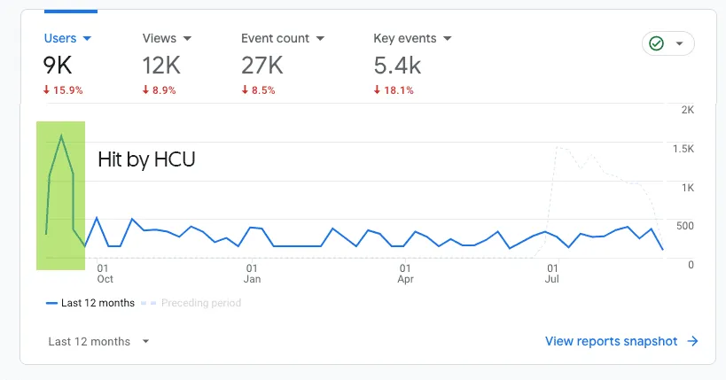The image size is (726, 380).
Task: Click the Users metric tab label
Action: pos(60,39)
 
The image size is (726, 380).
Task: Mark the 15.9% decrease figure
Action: pos(65,89)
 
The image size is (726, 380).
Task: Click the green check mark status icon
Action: pos(657,43)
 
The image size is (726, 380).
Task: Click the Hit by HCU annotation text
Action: pos(146,159)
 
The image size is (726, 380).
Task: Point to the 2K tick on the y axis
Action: pos(687,110)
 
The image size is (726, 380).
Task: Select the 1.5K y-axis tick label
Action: pos(683,149)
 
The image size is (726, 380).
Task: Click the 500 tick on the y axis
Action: pos(684,226)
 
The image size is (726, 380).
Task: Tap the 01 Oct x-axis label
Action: pos(105,273)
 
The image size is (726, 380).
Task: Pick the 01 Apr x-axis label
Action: pos(405,273)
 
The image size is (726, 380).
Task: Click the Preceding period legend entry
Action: pos(199,303)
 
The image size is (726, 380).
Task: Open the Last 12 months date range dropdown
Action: pos(98,342)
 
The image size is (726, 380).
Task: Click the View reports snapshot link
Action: pos(621,341)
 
